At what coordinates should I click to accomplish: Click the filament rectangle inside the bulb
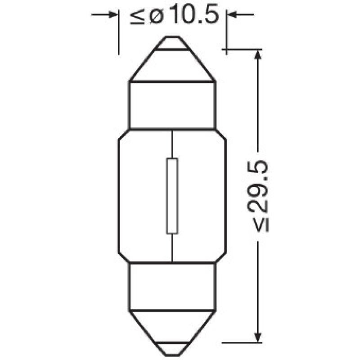pyautogui.click(x=172, y=196)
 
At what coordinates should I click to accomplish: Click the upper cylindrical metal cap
pyautogui.click(x=172, y=105)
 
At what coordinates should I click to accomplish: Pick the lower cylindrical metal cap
pyautogui.click(x=172, y=287)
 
